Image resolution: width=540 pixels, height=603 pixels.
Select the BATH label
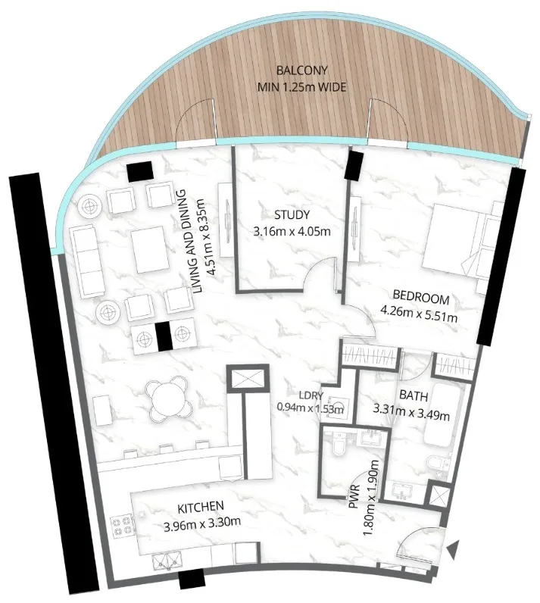[412, 395]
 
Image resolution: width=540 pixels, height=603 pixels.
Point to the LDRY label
[311, 395]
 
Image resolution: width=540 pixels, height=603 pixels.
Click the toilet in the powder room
[338, 451]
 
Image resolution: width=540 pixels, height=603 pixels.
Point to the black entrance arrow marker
[453, 551]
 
